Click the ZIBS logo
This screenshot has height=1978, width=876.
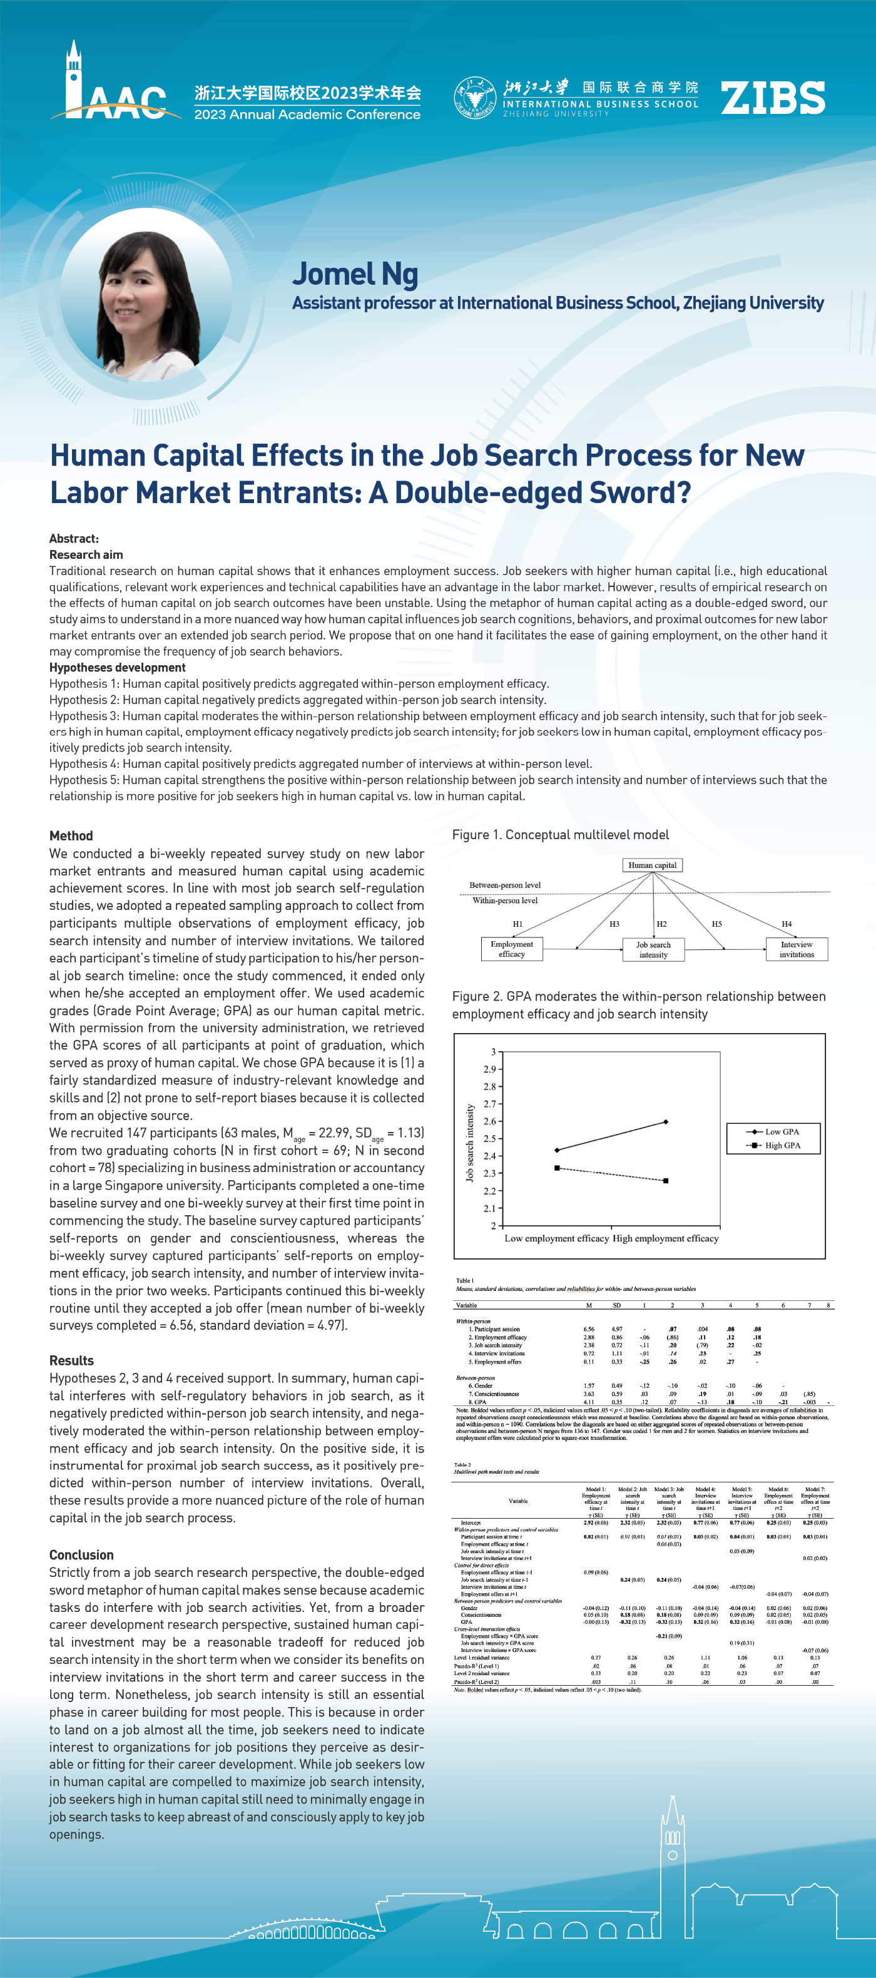(772, 98)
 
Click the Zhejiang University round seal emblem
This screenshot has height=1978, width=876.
(474, 98)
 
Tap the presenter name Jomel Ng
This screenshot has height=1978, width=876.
(355, 274)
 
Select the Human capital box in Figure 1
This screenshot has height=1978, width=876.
(652, 865)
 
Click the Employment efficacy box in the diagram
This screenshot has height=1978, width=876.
(511, 949)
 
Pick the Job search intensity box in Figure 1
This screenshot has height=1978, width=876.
(653, 950)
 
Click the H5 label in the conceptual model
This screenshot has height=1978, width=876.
(716, 924)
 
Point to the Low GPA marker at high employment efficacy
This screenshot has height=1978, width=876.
(666, 1122)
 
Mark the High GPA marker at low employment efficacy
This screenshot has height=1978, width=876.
(558, 1168)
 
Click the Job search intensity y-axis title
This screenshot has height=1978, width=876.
(470, 1143)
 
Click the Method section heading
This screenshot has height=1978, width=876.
(71, 835)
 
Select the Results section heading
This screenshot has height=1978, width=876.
(71, 1360)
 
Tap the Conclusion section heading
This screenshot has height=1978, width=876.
(81, 1555)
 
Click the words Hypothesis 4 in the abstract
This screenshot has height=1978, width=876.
(84, 763)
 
